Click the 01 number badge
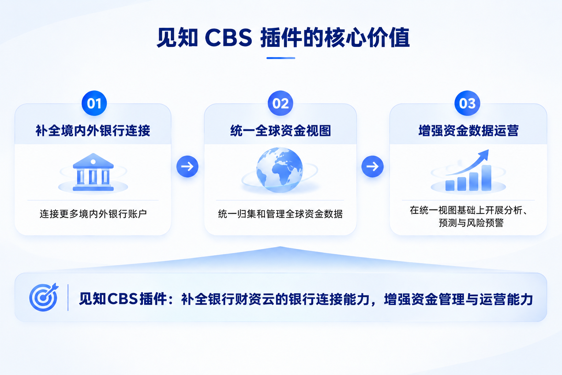[x=94, y=103]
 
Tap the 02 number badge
[x=280, y=103]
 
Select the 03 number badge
[x=467, y=103]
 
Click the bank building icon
[x=93, y=172]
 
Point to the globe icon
[x=280, y=170]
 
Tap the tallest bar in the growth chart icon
[x=486, y=178]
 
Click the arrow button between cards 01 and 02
[x=187, y=167]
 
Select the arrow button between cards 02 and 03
[x=372, y=167]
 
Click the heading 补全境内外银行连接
[x=93, y=131]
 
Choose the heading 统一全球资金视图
[x=281, y=131]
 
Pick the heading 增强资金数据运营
[x=468, y=131]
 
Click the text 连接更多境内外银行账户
[x=93, y=214]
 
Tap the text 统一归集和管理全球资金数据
[x=280, y=214]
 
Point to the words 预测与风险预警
[x=471, y=223]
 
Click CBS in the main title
[x=228, y=38]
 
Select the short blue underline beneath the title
[x=281, y=58]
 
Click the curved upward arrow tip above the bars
[x=488, y=151]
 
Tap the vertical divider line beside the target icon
[x=68, y=297]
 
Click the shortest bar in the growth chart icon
[x=450, y=186]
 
